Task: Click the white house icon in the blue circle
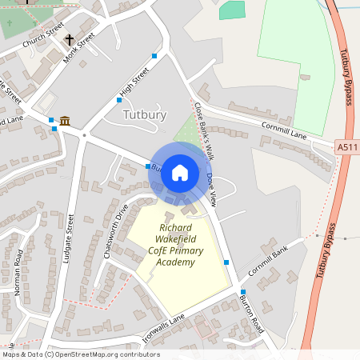pyautogui.click(x=180, y=172)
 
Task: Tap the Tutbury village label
pyautogui.click(x=145, y=114)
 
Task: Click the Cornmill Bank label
pyautogui.click(x=267, y=263)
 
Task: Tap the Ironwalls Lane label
pyautogui.click(x=163, y=329)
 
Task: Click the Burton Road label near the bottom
pyautogui.click(x=251, y=313)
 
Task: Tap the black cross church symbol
pyautogui.click(x=69, y=39)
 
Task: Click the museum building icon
pyautogui.click(x=64, y=121)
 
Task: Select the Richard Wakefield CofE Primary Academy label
pyautogui.click(x=175, y=245)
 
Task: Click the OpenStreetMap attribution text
pyautogui.click(x=80, y=354)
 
